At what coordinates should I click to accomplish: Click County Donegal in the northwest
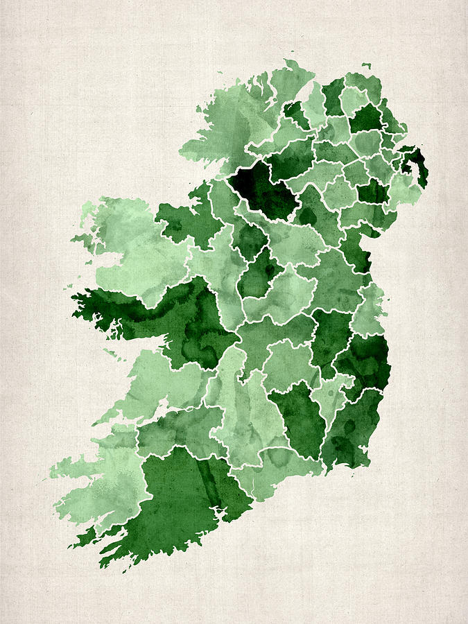point(243,118)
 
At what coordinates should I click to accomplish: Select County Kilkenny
point(298,416)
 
